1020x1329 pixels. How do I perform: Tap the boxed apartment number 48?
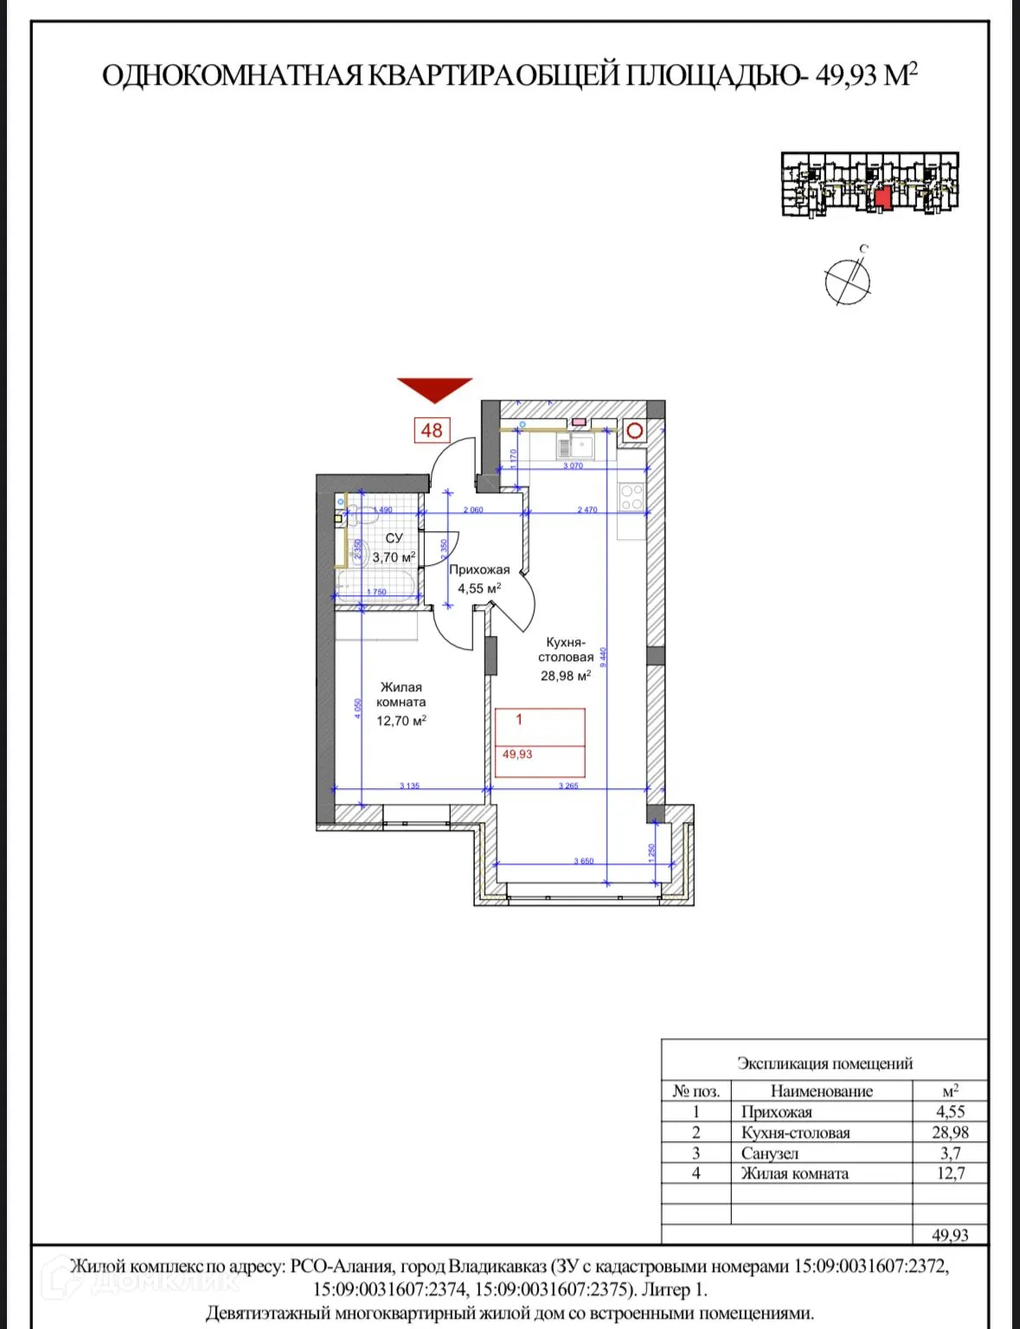pos(432,430)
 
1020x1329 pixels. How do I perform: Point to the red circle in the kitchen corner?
pos(635,430)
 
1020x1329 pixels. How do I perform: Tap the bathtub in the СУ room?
pos(376,586)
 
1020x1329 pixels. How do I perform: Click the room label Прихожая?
pos(479,569)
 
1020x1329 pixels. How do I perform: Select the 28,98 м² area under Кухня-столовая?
pos(565,676)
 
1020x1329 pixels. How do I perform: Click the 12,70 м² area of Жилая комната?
pos(401,720)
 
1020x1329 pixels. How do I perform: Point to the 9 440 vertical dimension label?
pos(604,658)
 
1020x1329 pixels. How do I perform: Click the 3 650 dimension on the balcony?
pos(584,861)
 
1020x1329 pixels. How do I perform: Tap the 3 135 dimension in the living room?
pos(409,786)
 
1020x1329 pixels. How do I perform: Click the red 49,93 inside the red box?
pos(517,754)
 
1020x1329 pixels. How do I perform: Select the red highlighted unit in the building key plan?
pos(882,197)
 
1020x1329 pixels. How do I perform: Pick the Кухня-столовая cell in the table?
pos(795,1133)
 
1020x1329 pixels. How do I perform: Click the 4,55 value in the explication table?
pos(950,1112)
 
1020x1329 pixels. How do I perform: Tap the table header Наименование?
pos(821,1091)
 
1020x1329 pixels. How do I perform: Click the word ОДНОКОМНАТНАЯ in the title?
pos(231,75)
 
